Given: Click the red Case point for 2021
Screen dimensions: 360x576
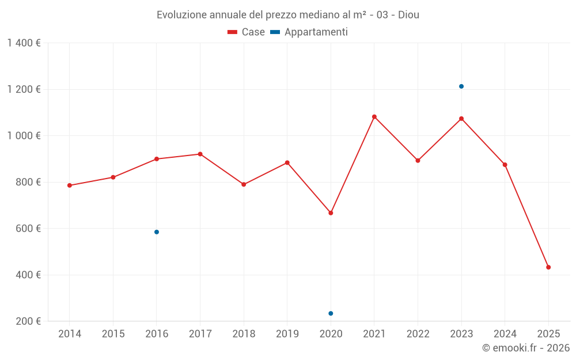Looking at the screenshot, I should click(x=374, y=117).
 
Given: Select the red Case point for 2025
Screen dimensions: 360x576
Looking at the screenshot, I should click(x=548, y=267).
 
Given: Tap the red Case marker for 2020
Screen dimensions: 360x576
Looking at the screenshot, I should click(x=331, y=213).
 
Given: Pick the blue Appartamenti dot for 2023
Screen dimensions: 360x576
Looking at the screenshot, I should click(x=461, y=86).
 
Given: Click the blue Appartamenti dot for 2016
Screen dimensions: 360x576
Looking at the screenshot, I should click(x=157, y=232).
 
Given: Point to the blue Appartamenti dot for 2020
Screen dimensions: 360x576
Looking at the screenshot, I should click(x=331, y=313).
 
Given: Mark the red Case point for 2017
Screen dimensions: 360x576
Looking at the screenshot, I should click(x=200, y=154).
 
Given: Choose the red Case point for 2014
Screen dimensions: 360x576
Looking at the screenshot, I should click(x=70, y=185).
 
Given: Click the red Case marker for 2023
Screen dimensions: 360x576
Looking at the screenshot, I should click(x=461, y=119).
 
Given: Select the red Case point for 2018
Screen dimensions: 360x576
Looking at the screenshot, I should click(x=244, y=184).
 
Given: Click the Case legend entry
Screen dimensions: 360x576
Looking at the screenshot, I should click(x=247, y=32).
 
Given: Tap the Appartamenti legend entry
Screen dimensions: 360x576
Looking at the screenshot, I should click(x=309, y=32).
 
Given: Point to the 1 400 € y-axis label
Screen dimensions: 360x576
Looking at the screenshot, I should click(x=24, y=43).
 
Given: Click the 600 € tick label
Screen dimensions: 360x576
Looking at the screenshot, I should click(x=28, y=229).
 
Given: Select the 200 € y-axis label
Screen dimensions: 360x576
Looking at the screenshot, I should click(x=28, y=321).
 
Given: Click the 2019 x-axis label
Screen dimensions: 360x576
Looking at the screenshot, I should click(x=287, y=334).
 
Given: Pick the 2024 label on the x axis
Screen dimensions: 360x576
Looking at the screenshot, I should click(x=505, y=334).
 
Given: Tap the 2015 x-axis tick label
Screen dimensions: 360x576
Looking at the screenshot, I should click(x=113, y=334).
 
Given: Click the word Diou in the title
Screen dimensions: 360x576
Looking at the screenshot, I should click(x=408, y=14).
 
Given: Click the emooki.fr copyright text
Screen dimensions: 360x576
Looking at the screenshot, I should click(x=526, y=348).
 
